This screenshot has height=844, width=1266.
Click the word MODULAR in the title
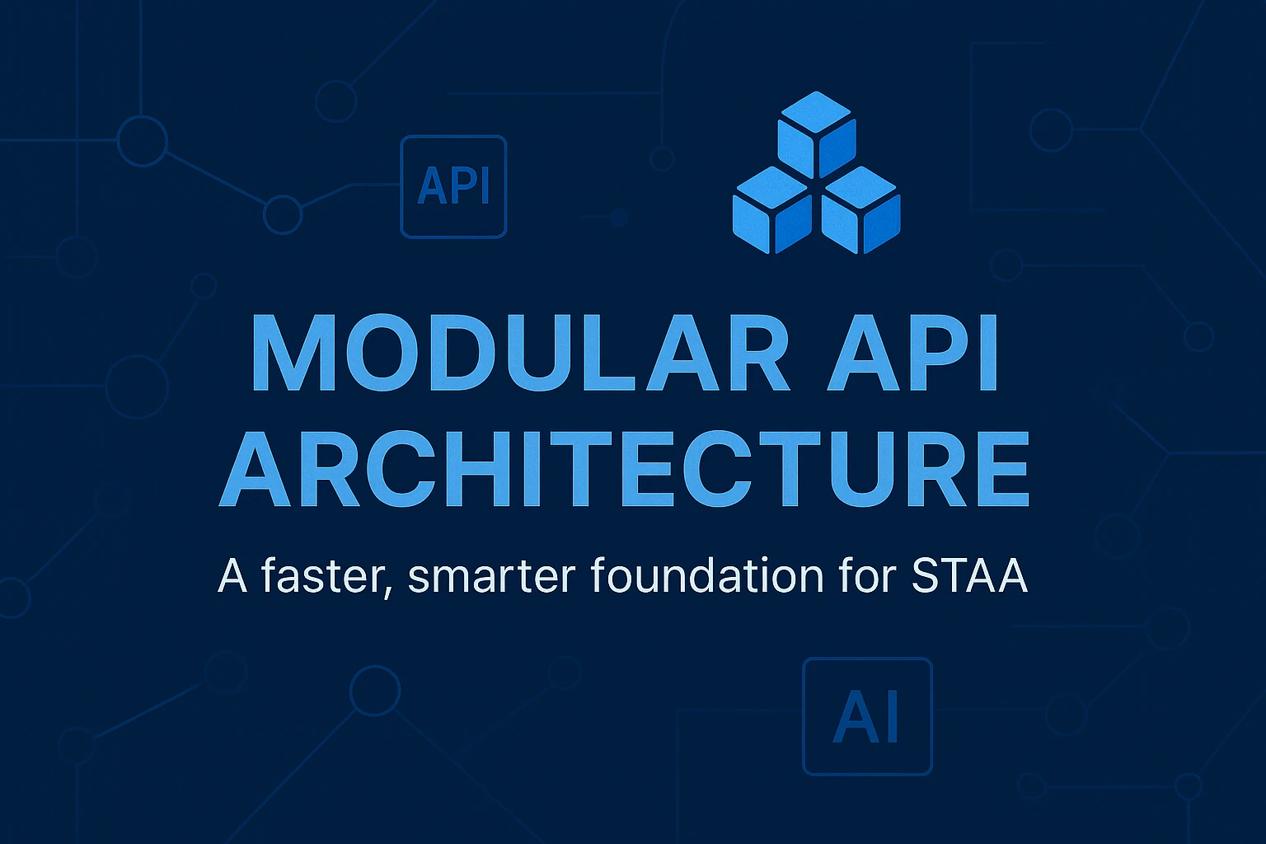pyautogui.click(x=519, y=353)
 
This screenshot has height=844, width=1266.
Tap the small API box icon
pyautogui.click(x=453, y=187)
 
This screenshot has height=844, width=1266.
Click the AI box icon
pyautogui.click(x=867, y=716)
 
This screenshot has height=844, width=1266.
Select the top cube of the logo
pyautogui.click(x=816, y=132)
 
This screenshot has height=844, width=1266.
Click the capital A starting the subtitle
pyautogui.click(x=232, y=575)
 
